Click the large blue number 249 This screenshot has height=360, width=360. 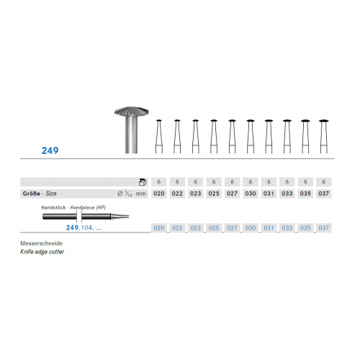click(50, 150)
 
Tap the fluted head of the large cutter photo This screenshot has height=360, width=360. click(131, 112)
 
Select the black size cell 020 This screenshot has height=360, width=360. click(159, 194)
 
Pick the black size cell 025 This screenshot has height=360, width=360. click(214, 194)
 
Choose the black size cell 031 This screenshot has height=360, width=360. click(269, 194)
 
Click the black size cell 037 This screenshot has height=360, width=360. click(323, 194)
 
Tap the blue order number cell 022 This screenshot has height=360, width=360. click(177, 228)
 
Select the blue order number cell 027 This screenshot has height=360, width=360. click(232, 228)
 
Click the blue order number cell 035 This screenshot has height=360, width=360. click(305, 228)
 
